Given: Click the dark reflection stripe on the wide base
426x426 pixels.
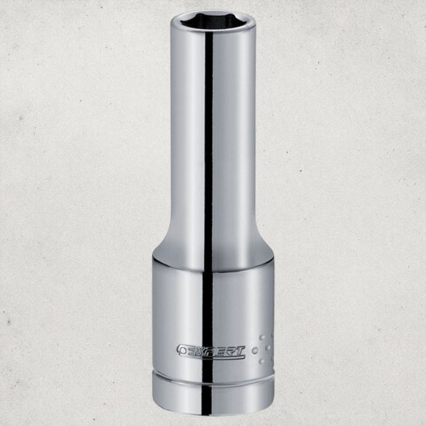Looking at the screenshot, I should click(204, 306).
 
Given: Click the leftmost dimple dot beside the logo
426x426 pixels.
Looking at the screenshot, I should click(256, 350).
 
